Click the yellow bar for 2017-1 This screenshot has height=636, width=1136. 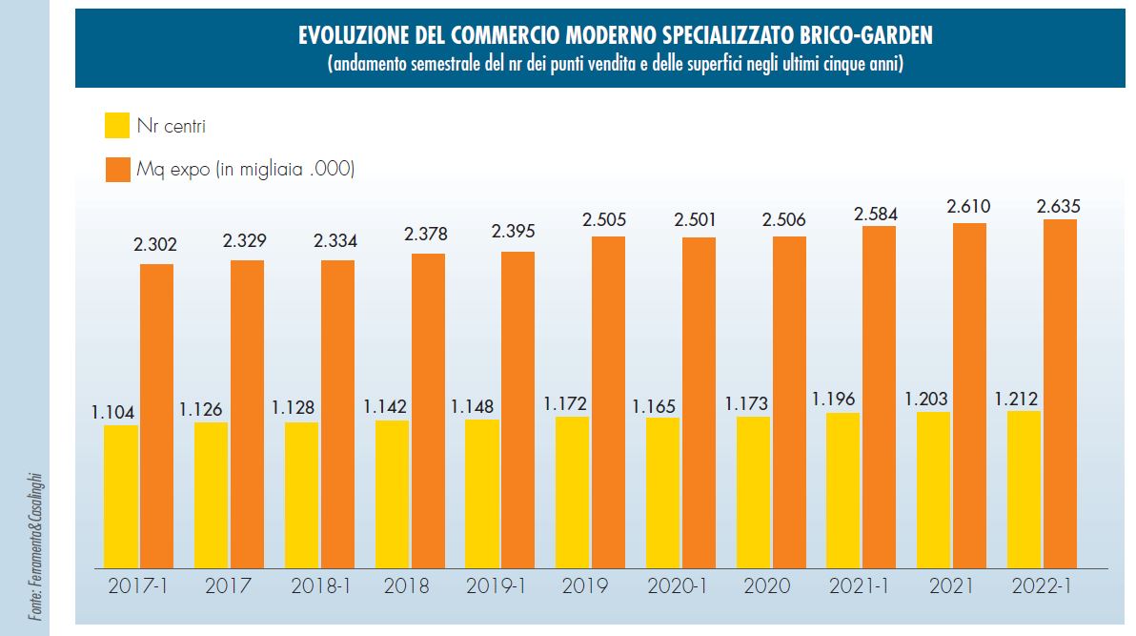pos(121,496)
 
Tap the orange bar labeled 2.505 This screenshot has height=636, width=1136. pos(608,401)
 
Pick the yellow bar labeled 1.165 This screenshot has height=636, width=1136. pos(662,492)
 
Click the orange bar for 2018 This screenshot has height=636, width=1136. pos(428,410)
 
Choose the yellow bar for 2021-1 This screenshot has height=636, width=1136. pos(843,490)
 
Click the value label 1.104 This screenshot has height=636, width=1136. pos(113,412)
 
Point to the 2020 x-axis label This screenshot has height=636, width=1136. pos(767,585)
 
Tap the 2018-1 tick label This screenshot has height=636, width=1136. pos(315,585)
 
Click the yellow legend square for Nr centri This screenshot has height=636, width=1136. pos(117,125)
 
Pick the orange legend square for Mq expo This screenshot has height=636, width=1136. pos(117,170)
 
